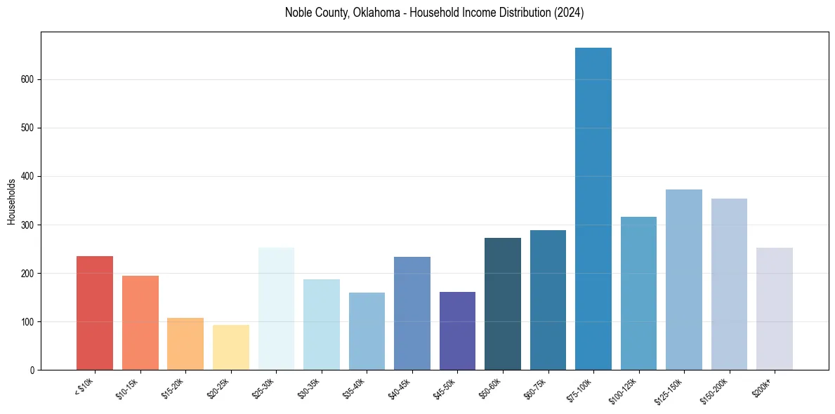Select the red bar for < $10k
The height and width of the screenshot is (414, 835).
coord(95,313)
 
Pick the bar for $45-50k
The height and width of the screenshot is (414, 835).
coord(457,330)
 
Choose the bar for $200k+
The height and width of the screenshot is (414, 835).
coord(775,309)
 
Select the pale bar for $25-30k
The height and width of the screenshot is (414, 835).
coord(276,309)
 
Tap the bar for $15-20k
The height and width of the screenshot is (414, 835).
coord(185,344)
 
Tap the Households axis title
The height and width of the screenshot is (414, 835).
coord(12,201)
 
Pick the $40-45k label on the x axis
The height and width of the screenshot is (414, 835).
coord(400,388)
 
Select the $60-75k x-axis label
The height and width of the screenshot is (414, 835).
coord(535,388)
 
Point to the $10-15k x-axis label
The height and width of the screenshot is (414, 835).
coord(127,388)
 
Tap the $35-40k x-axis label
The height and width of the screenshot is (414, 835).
coord(354,388)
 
